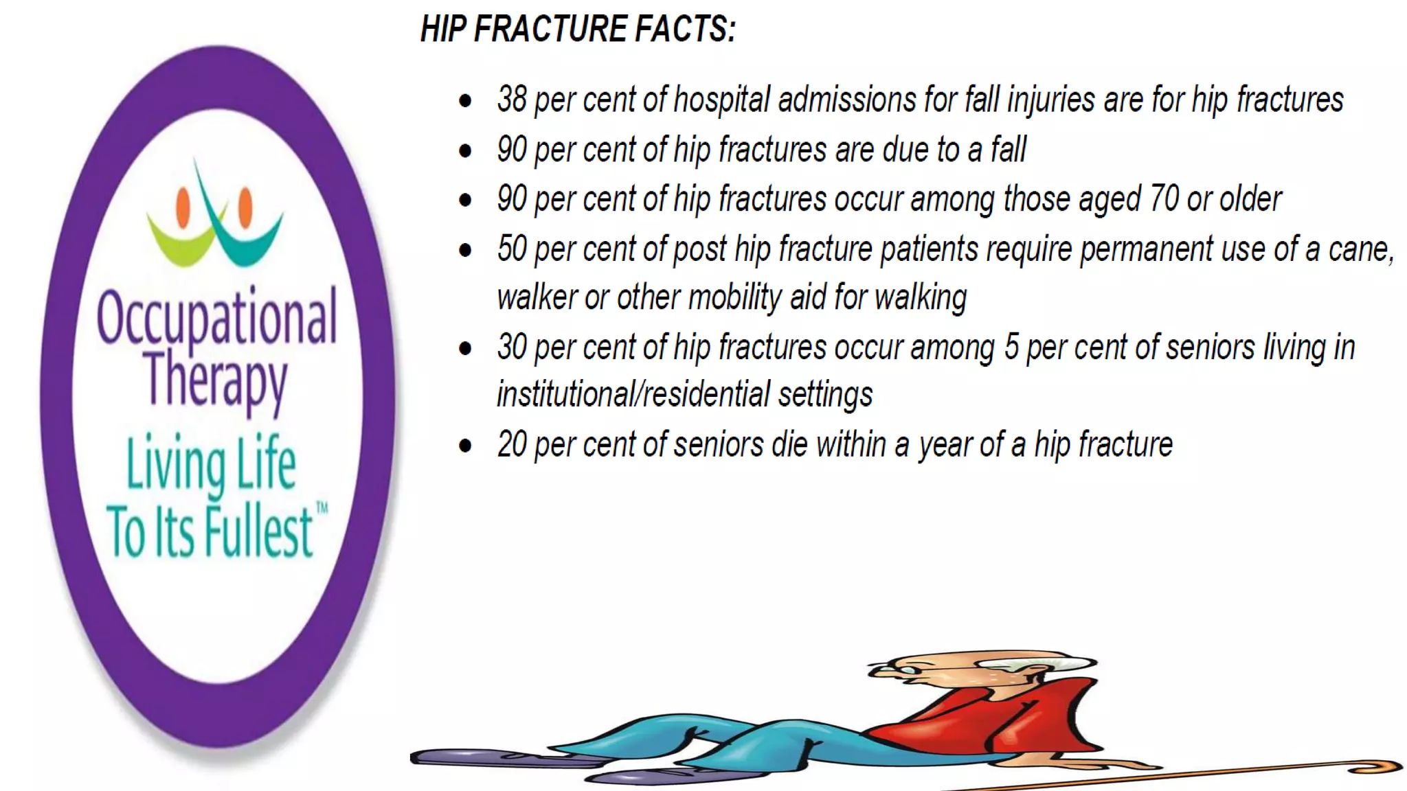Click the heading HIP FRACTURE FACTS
click(577, 29)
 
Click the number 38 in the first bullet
click(512, 100)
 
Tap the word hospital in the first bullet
click(721, 100)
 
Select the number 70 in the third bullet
click(1164, 199)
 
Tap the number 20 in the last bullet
click(512, 445)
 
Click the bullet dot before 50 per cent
click(465, 250)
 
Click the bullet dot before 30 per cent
click(465, 348)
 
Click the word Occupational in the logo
click(217, 318)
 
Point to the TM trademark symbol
click(321, 509)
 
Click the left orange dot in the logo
click(183, 207)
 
